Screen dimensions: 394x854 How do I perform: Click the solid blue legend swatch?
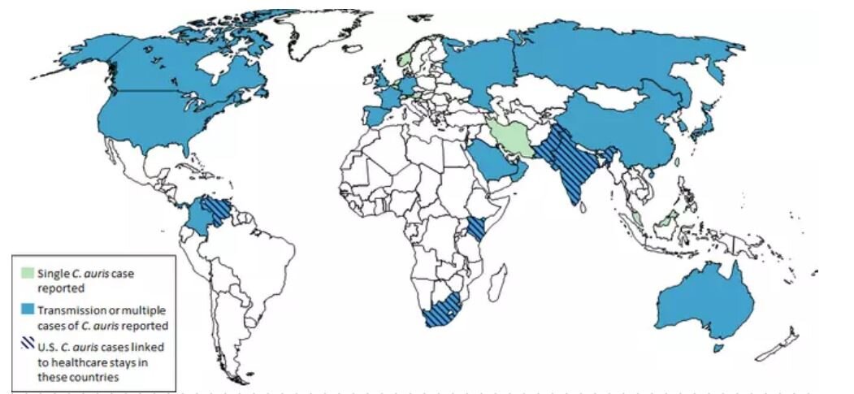pos(28,309)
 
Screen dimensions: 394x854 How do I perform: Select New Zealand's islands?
pos(780,345)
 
